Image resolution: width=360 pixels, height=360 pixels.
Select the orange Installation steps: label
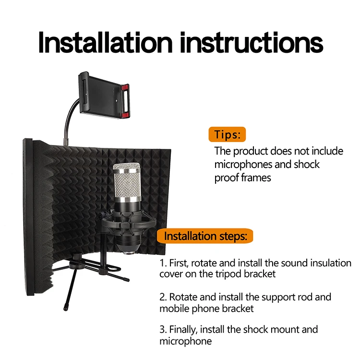[206, 236]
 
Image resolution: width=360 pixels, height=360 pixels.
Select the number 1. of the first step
[163, 264]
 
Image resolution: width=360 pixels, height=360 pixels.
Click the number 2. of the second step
[163, 297]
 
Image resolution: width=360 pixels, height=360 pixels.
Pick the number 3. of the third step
[163, 330]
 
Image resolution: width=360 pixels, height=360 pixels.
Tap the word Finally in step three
[184, 330]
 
